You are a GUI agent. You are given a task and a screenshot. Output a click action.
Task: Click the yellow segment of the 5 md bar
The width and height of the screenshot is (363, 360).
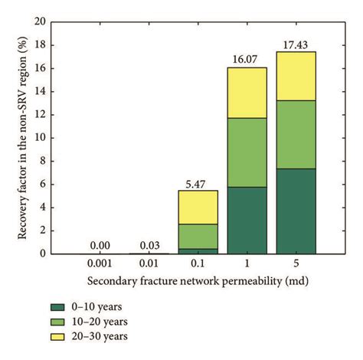295,76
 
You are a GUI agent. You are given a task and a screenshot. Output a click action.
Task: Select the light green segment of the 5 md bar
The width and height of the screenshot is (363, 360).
295,134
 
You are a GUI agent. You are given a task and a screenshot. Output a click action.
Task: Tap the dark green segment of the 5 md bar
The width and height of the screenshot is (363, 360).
295,211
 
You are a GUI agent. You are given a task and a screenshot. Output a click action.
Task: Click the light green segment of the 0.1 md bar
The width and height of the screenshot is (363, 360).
198,236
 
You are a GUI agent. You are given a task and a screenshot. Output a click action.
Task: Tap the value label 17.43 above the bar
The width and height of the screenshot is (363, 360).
295,45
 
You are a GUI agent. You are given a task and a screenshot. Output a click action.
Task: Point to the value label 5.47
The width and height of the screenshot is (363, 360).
198,184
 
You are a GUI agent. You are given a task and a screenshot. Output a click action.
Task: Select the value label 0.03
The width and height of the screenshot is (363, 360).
149,246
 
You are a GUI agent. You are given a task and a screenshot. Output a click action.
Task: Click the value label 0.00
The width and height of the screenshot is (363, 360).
100,246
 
